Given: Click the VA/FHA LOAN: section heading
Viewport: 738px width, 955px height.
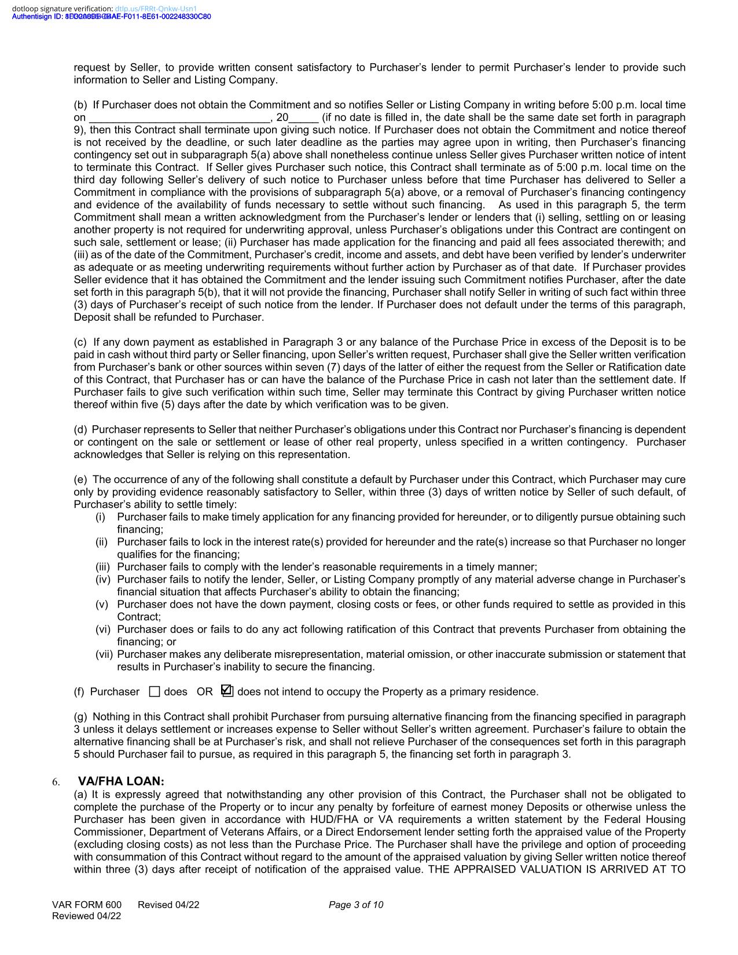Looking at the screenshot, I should pyautogui.click(x=121, y=781).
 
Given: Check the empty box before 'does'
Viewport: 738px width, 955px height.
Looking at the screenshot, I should pyautogui.click(x=155, y=691).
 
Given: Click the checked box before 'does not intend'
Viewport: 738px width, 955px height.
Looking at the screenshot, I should pyautogui.click(x=227, y=690).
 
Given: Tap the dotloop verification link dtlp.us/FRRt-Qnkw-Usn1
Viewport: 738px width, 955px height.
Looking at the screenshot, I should pyautogui.click(x=156, y=9).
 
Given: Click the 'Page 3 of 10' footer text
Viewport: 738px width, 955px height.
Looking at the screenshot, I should pyautogui.click(x=356, y=905).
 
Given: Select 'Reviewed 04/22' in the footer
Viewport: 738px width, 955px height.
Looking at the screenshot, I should pyautogui.click(x=87, y=916).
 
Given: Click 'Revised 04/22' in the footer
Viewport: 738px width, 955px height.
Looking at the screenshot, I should pyautogui.click(x=168, y=905).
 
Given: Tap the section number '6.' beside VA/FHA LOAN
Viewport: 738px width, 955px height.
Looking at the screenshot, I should pyautogui.click(x=56, y=782).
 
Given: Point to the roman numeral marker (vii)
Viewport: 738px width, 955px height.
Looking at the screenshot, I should pyautogui.click(x=104, y=654).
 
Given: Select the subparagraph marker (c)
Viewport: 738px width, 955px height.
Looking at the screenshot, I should pyautogui.click(x=80, y=342).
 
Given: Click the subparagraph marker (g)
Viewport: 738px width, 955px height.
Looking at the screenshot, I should pyautogui.click(x=80, y=717).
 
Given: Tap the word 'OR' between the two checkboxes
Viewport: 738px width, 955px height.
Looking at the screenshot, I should pyautogui.click(x=204, y=691).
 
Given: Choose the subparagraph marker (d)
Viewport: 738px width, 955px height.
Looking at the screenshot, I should pyautogui.click(x=80, y=430).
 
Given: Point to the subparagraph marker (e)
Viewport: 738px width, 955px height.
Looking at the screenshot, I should pyautogui.click(x=80, y=480).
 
